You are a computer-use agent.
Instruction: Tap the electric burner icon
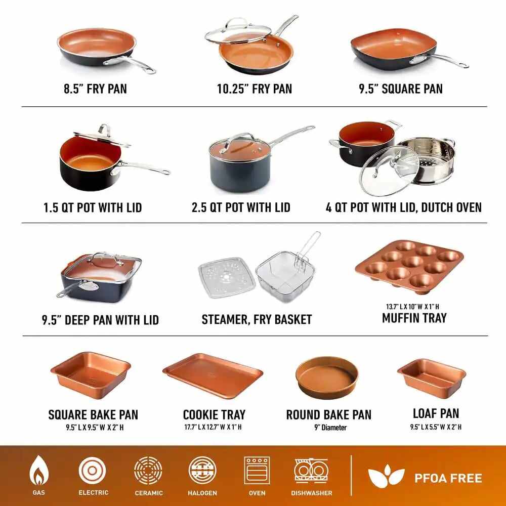[x=92, y=471]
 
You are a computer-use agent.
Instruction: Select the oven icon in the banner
[x=257, y=471]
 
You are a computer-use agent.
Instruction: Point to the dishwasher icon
[x=311, y=471]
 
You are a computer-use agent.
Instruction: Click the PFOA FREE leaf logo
[x=386, y=476]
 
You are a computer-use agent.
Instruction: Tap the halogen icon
[x=202, y=471]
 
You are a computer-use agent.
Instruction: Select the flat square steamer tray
[x=227, y=277]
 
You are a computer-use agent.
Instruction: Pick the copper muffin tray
[x=409, y=267]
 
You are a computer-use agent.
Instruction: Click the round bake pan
[x=326, y=377]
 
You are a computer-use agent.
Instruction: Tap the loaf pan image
[x=432, y=378]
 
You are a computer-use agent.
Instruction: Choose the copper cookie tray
[x=213, y=375]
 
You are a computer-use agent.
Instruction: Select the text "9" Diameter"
[x=330, y=428]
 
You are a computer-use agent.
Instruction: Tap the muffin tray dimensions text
[x=412, y=306]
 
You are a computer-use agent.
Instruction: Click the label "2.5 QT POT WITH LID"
[x=241, y=207]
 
